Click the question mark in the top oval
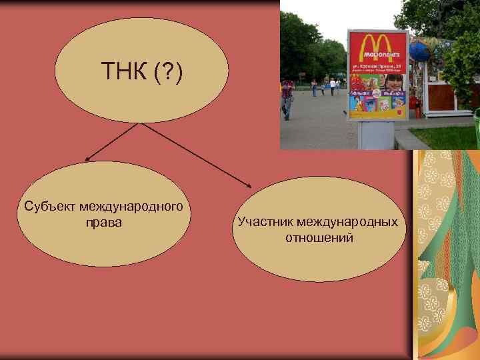pyautogui.click(x=163, y=69)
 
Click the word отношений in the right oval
pyautogui.click(x=319, y=237)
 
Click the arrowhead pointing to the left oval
pyautogui.click(x=87, y=159)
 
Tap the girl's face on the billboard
pyautogui.click(x=393, y=83)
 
